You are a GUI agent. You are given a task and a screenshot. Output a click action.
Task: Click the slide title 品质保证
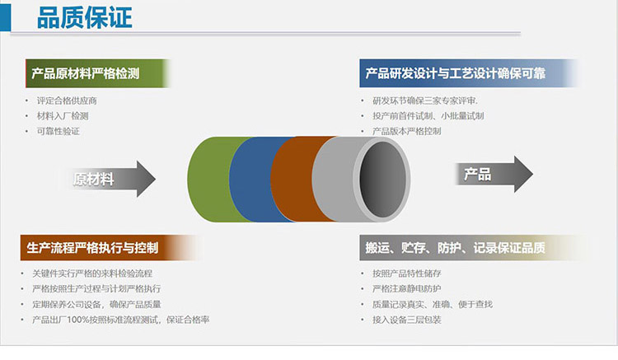84,18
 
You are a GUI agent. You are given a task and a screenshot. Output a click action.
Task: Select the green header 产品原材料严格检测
97,73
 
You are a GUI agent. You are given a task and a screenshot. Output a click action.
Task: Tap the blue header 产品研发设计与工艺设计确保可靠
468,73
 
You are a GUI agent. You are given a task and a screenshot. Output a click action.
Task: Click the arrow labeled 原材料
113,180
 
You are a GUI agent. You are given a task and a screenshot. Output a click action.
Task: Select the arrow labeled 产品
494,174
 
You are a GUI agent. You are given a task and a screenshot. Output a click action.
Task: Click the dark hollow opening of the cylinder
382,180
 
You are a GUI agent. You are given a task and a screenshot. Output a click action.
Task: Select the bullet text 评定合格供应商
67,101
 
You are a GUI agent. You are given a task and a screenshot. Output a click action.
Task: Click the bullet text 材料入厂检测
63,116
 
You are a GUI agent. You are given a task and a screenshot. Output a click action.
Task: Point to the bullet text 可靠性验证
59,132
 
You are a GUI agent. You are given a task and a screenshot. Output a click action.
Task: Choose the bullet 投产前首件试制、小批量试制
428,116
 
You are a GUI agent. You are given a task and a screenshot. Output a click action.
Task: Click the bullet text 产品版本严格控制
407,132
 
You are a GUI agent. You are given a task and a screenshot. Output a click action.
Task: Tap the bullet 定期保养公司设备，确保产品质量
96,305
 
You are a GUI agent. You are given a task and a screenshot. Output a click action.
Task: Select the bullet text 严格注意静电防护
407,288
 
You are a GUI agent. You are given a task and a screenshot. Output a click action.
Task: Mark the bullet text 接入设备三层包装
407,320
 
